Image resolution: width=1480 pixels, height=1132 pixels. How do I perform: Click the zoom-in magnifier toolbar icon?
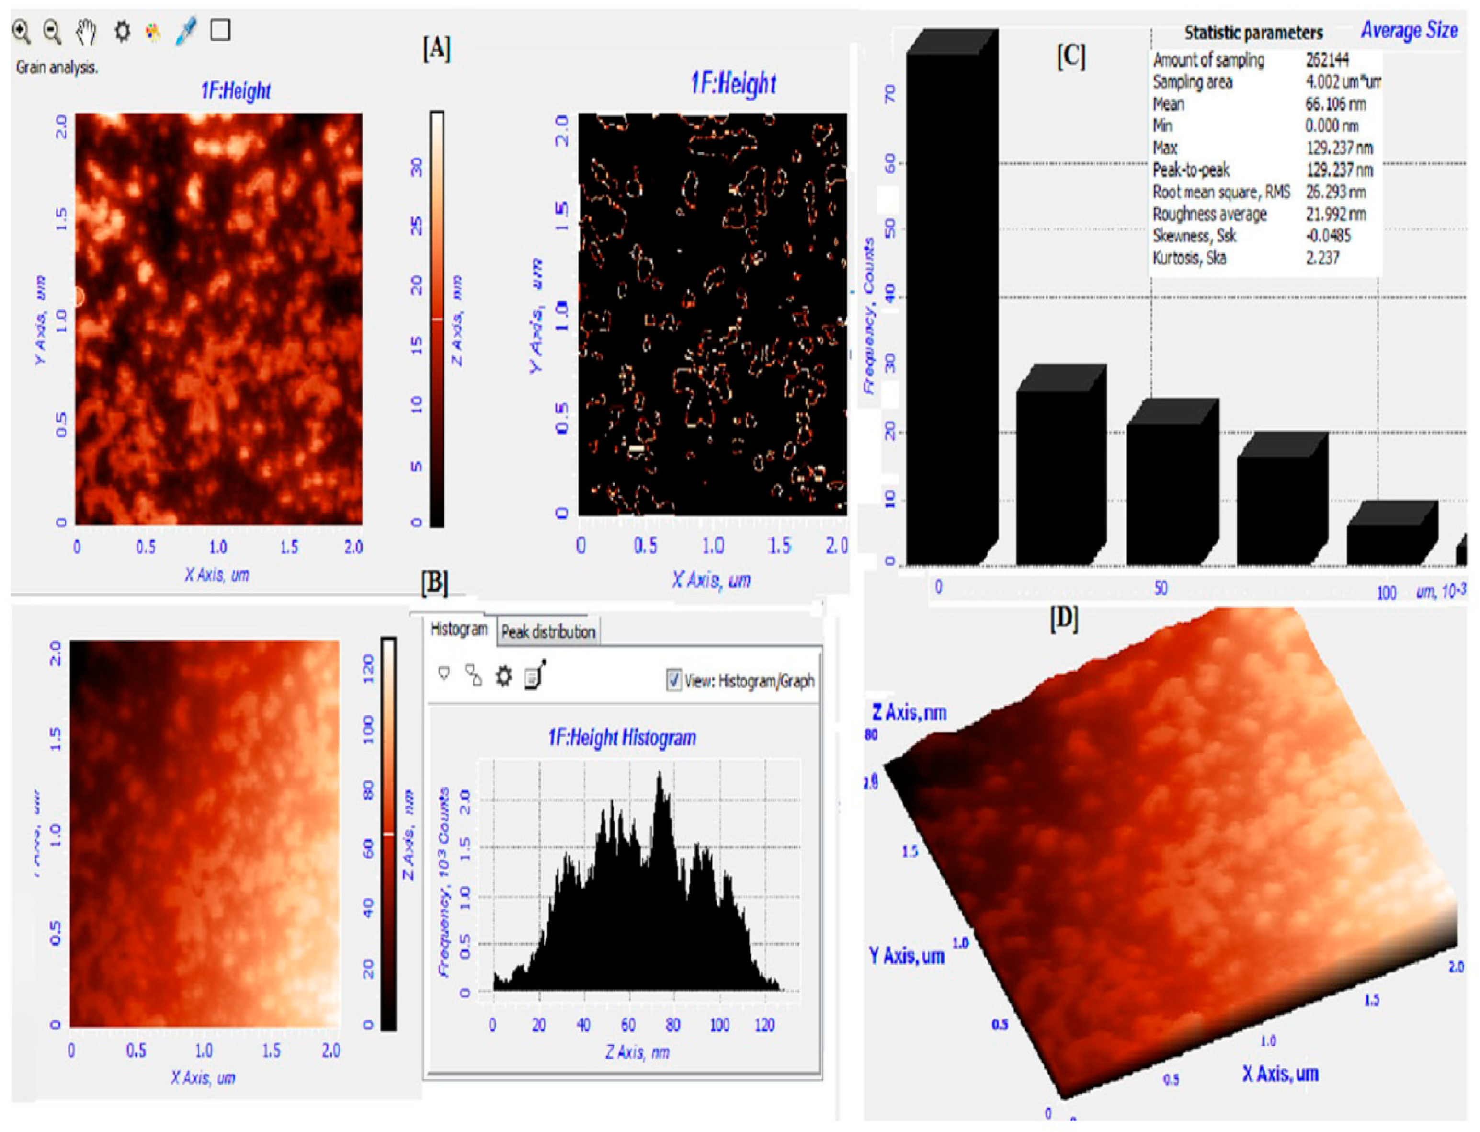click(x=22, y=32)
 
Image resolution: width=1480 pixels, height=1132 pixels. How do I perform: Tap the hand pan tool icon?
click(x=86, y=32)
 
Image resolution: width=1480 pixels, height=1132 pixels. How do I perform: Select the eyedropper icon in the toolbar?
click(x=186, y=32)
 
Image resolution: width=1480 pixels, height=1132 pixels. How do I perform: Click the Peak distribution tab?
click(x=547, y=632)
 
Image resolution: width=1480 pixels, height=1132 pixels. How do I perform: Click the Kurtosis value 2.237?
click(x=1322, y=257)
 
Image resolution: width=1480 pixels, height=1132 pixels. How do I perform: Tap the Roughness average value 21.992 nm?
click(x=1335, y=214)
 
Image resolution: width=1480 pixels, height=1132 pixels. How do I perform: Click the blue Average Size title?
click(x=1409, y=30)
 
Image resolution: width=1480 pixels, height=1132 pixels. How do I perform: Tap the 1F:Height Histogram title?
click(x=622, y=738)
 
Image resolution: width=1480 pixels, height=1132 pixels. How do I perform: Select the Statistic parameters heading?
click(x=1253, y=33)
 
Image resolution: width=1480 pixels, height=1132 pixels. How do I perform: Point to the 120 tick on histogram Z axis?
click(x=764, y=1025)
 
